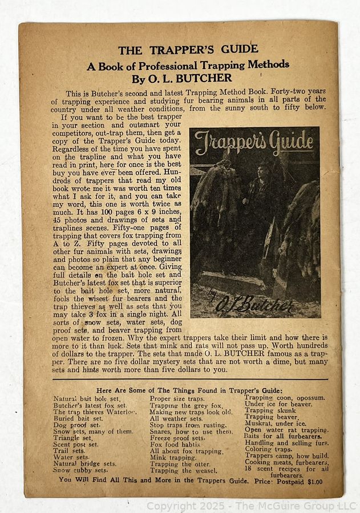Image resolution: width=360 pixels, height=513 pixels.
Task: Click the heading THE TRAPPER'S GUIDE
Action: pos(188,49)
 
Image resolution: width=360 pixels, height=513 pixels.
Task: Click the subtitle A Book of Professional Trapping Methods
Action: pos(188,64)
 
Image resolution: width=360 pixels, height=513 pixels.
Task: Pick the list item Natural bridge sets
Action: pos(84,464)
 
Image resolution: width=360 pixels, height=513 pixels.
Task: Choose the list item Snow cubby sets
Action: pos(80,471)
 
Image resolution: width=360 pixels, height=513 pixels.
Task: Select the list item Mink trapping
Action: pos(173,457)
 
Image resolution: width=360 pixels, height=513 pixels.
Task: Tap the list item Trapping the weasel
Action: pos(183,471)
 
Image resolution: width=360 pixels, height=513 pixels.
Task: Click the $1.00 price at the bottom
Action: pos(315,482)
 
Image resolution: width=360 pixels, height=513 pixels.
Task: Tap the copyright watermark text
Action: pos(250,506)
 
